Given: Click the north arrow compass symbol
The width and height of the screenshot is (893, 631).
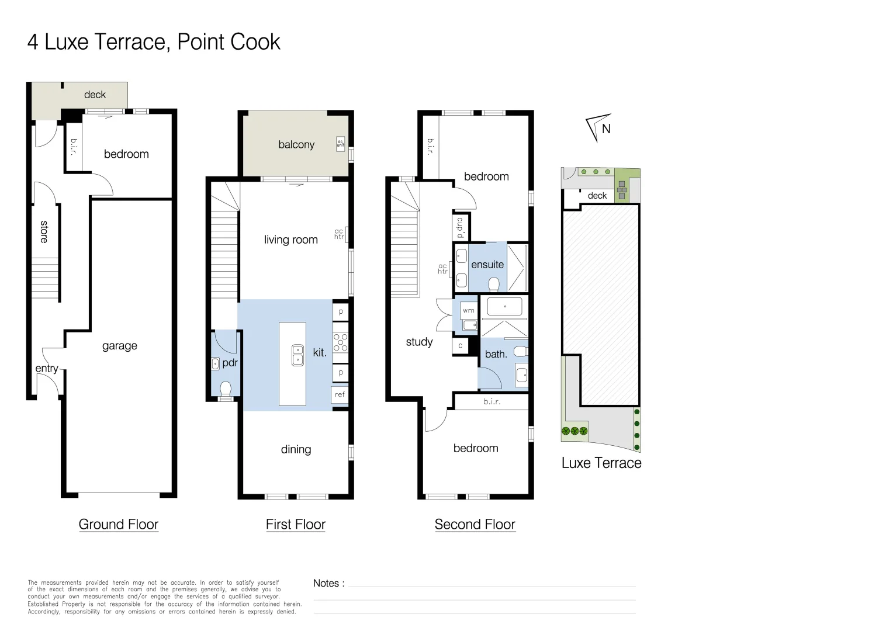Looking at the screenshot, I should coord(599,127).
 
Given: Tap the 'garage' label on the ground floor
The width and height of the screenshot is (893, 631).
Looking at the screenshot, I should coord(119,346).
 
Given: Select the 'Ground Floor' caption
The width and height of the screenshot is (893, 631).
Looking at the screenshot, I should coord(119,525).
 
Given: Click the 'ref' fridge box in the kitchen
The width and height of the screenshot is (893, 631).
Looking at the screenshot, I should coord(340,394).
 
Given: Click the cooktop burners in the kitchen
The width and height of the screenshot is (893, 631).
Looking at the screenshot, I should coord(340,342).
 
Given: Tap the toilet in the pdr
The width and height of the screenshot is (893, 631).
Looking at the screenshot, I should coord(226,388).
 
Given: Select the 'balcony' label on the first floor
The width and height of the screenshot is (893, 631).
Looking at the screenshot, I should coord(296,145).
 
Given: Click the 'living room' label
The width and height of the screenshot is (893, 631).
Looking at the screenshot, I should coord(290,240).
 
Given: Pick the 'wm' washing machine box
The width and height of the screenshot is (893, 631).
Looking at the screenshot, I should coord(468,311).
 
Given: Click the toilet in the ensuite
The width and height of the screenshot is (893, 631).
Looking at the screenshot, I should coord(494,285).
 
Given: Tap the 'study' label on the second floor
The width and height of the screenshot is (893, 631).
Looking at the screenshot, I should coord(419,342).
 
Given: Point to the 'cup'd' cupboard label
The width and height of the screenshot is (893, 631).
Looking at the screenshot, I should coord(461,227).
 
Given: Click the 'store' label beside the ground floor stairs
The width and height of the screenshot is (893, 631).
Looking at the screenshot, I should coord(44,232).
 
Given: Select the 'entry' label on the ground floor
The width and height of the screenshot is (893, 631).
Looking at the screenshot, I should coord(46,368).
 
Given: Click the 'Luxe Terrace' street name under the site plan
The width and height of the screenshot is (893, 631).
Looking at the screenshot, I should coord(601,463).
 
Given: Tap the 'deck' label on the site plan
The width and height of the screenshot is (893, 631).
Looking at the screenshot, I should coord(597,196).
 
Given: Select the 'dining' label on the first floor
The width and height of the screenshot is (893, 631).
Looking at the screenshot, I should coord(296,449).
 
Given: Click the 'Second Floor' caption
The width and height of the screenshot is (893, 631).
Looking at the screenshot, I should coord(475,525).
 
